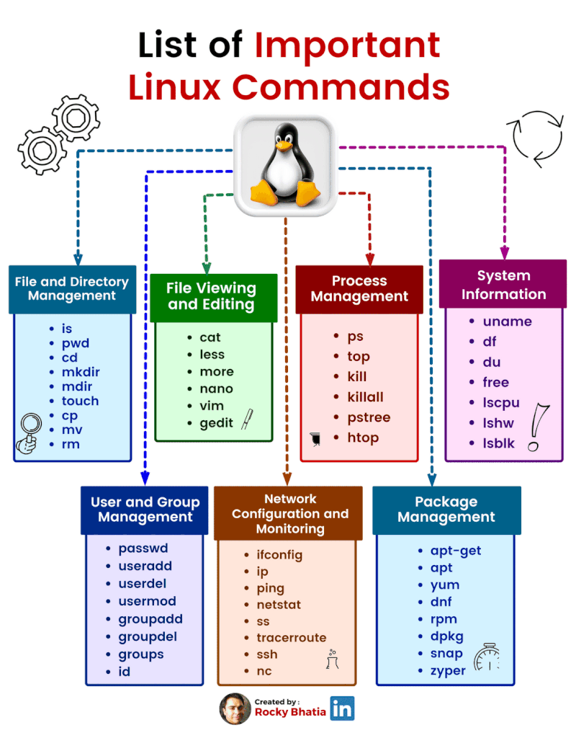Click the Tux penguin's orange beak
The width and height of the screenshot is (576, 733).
click(286, 147)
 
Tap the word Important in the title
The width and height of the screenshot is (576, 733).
click(347, 45)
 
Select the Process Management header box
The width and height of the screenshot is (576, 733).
click(359, 288)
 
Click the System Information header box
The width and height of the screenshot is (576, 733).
click(503, 285)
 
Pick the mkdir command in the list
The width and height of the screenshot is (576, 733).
click(81, 372)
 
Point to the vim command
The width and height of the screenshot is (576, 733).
click(211, 406)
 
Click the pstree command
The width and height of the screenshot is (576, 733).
click(368, 417)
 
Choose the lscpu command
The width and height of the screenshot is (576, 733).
click(501, 402)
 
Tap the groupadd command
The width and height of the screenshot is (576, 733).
click(150, 619)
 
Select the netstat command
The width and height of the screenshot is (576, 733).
click(279, 605)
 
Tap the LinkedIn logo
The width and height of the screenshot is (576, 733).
click(342, 708)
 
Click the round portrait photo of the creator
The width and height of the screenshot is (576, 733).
click(235, 708)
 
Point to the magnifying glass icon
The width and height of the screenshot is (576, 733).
click(30, 431)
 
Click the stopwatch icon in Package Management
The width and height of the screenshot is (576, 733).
click(487, 657)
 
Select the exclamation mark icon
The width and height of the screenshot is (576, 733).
click(536, 427)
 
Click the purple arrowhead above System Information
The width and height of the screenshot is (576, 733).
click(504, 253)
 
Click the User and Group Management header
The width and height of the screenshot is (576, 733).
click(145, 510)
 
